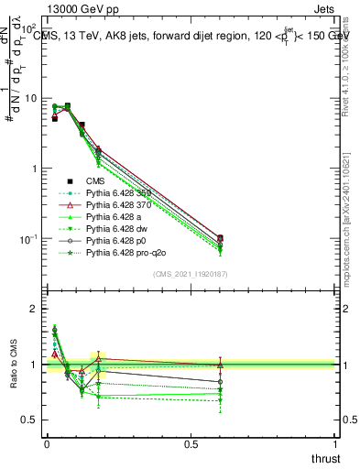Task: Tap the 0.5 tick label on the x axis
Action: tap(191, 444)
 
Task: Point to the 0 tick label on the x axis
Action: tap(47, 444)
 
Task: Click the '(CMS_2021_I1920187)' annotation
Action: tap(191, 273)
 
